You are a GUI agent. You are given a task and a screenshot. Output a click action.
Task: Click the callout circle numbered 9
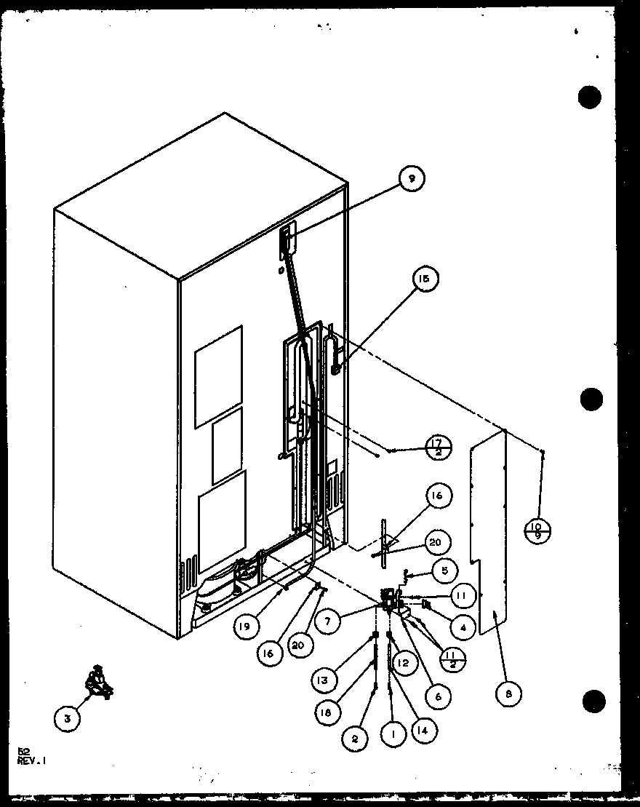click(411, 178)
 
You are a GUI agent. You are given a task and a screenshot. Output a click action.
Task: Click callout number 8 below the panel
click(508, 694)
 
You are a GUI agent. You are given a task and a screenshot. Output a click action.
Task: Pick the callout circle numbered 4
click(463, 626)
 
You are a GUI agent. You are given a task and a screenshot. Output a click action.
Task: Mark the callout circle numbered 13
click(323, 680)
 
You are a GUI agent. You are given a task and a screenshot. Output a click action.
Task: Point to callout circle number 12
click(402, 662)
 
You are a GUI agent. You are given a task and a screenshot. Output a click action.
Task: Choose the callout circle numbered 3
click(67, 719)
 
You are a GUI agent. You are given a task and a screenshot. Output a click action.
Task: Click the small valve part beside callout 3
click(97, 683)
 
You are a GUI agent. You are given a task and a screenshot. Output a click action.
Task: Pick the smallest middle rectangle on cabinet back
click(226, 445)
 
